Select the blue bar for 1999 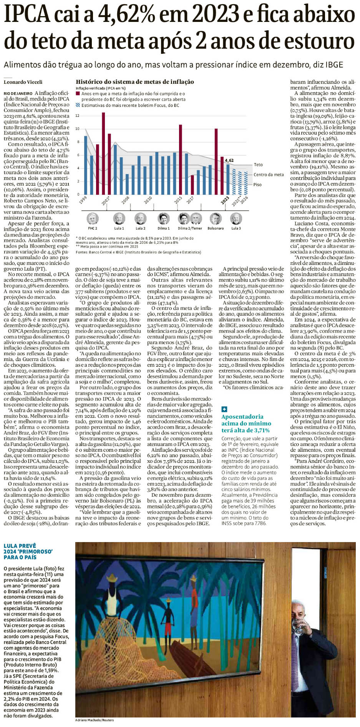pos(86,165)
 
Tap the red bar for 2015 pos(181,159)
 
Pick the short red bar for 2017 pos(192,185)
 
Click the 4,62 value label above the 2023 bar pos(229,160)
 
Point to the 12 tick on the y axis pos(77,116)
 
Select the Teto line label pos(258,165)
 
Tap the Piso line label pos(257,185)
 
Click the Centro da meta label pos(269,175)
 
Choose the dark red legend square pos(78,93)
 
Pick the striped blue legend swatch pos(78,105)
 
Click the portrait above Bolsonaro pos(215,218)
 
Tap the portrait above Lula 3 pos(236,218)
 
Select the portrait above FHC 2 pos(93,218)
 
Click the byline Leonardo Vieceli pos(23,82)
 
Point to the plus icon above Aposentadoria pos(224,409)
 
